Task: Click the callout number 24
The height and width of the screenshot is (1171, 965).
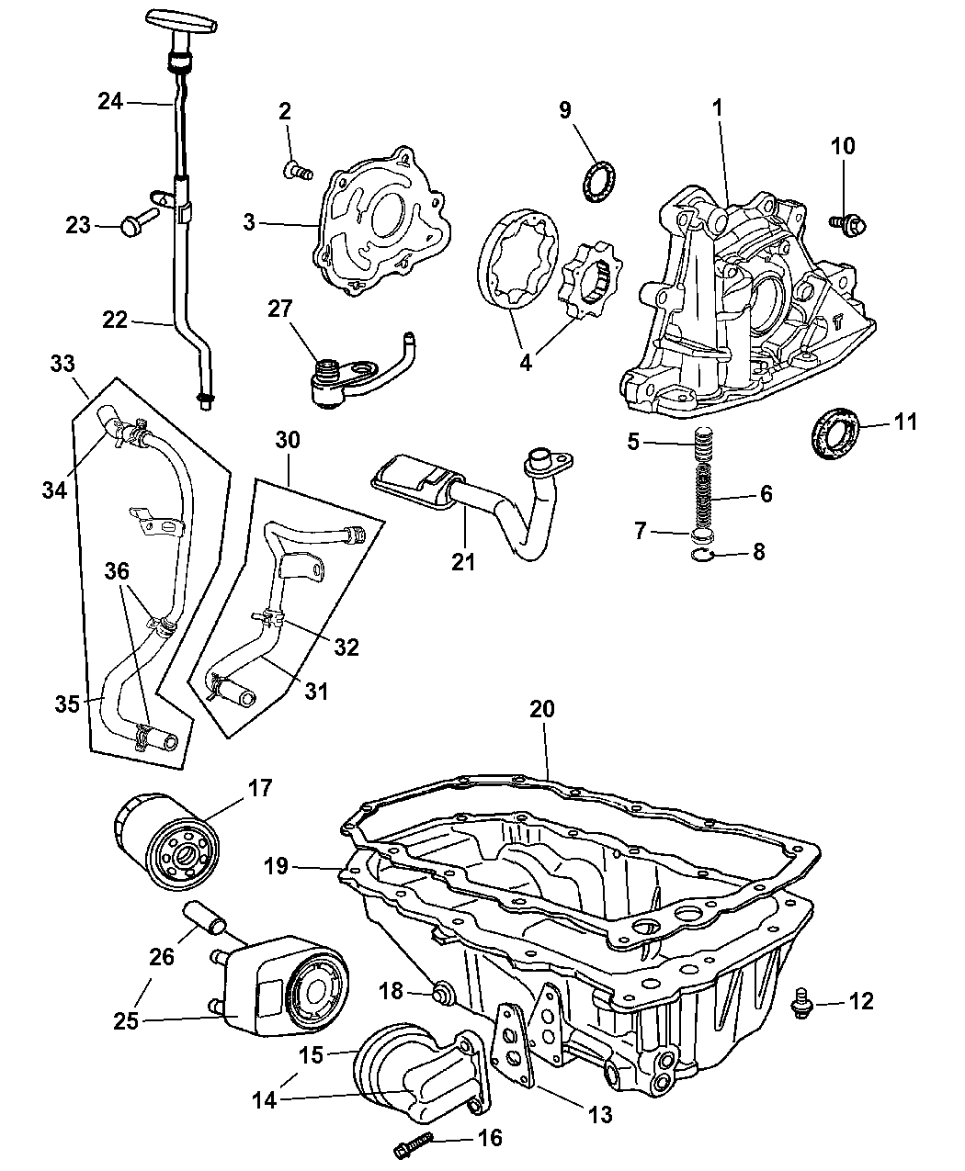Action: point(110,101)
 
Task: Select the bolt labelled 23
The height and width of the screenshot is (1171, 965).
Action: point(133,223)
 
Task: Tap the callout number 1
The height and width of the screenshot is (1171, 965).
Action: point(717,107)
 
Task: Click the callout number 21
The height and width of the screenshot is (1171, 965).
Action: point(463,559)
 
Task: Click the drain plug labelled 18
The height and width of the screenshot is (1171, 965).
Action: point(442,992)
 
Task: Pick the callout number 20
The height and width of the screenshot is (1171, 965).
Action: point(542,709)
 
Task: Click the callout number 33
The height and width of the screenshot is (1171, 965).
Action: point(63,364)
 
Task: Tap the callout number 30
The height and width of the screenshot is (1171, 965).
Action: point(288,440)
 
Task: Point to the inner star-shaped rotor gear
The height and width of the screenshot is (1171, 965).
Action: point(589,274)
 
